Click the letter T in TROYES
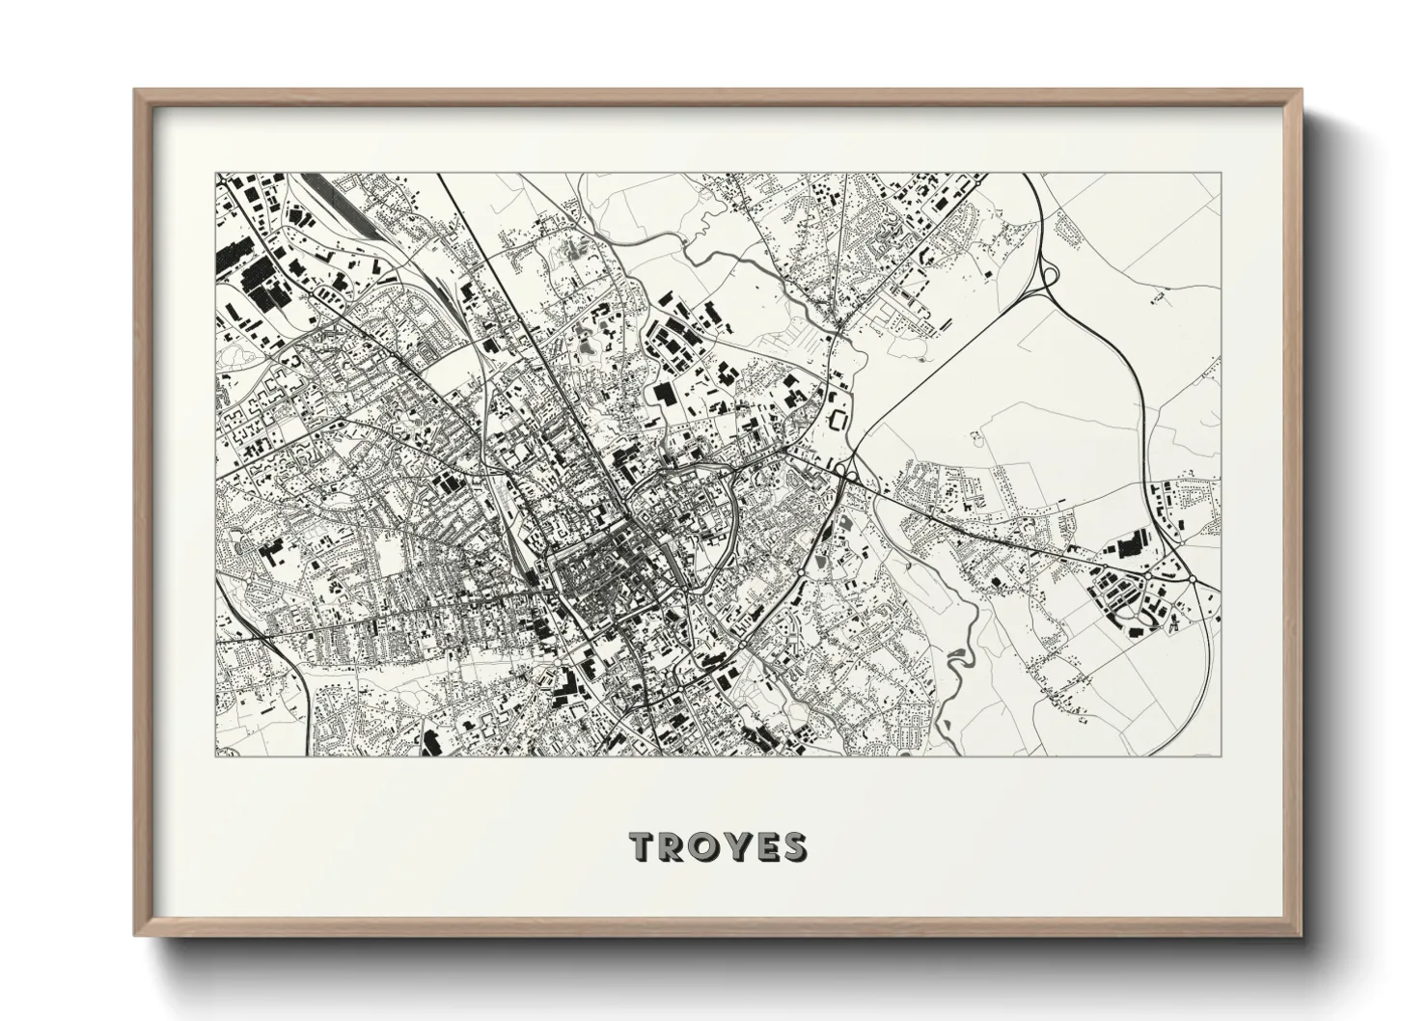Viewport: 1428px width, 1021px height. pos(645,847)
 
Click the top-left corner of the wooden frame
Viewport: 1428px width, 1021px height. pos(136,91)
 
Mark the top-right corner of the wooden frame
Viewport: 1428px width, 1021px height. pos(1300,91)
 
